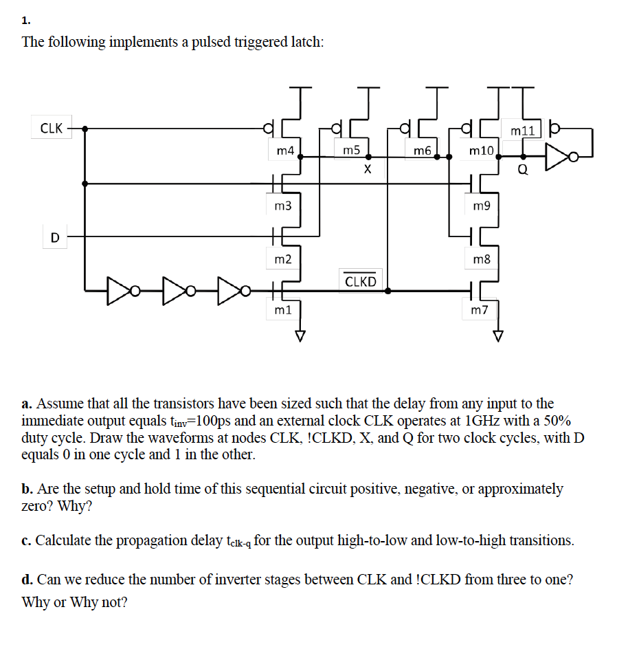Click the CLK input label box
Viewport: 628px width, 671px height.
point(52,128)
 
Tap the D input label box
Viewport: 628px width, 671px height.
point(54,237)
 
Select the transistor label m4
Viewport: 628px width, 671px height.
point(284,149)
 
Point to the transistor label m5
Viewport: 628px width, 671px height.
point(351,149)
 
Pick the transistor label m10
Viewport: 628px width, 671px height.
point(481,149)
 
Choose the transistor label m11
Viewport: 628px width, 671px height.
point(522,129)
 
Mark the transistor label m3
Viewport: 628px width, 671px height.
point(282,206)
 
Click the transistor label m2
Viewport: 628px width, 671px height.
point(282,258)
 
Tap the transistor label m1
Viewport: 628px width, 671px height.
point(282,310)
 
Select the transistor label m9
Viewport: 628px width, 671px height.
point(482,206)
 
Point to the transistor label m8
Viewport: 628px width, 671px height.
point(482,258)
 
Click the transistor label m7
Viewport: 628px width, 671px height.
point(479,310)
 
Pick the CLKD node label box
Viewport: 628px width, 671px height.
point(361,280)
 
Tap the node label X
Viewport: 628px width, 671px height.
point(368,169)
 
